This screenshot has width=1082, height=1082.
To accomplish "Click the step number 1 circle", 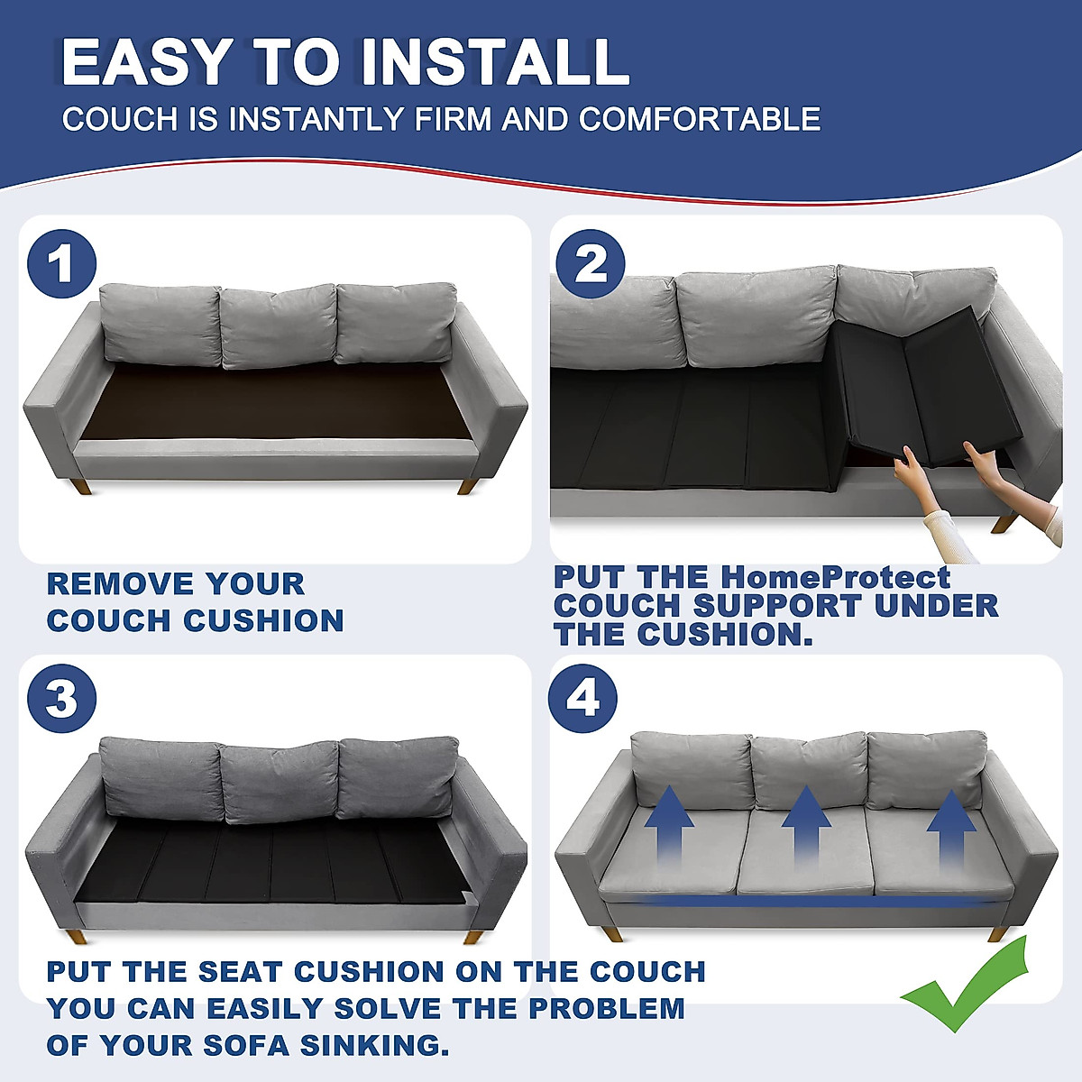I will click(x=61, y=264).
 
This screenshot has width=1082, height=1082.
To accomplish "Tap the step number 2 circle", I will click(x=591, y=264).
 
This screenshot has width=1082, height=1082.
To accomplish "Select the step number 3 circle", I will click(x=61, y=699).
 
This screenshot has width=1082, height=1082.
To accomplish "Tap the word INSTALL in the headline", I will click(x=493, y=63).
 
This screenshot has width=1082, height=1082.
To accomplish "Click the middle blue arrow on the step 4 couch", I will click(x=805, y=825).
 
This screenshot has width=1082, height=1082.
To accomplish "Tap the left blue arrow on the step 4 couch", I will click(x=669, y=825).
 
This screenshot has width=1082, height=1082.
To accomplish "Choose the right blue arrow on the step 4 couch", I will click(x=951, y=825).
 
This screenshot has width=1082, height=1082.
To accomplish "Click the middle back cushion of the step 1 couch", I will click(x=278, y=326).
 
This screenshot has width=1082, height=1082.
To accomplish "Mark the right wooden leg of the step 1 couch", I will click(x=467, y=486).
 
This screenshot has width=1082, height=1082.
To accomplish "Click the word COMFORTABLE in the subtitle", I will click(x=700, y=119).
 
